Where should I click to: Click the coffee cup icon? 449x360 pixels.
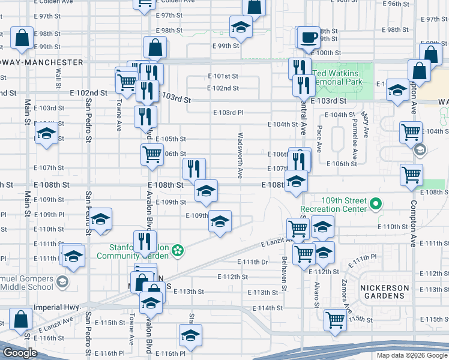pos(309,37)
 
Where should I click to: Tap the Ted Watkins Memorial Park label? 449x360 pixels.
pos(339,77)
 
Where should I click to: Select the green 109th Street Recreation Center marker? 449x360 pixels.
pos(376,204)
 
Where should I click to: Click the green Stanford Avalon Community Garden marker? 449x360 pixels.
pos(177,250)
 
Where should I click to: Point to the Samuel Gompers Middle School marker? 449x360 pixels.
pos(61,281)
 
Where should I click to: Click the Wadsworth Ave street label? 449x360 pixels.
pos(240,155)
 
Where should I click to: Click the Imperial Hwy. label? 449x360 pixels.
pos(59,307)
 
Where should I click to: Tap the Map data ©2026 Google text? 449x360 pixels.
pos(411,355)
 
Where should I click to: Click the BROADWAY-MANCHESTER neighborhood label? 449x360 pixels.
pos(42,62)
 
